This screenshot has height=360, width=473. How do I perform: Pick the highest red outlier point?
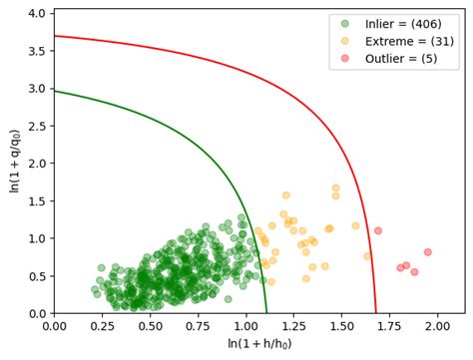point(377,230)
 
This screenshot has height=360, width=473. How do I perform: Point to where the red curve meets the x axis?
point(376,313)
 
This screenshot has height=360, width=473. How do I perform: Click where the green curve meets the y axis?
point(54,91)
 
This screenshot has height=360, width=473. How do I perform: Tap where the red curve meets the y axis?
point(54,36)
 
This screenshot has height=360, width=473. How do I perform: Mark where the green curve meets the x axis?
point(266,313)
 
